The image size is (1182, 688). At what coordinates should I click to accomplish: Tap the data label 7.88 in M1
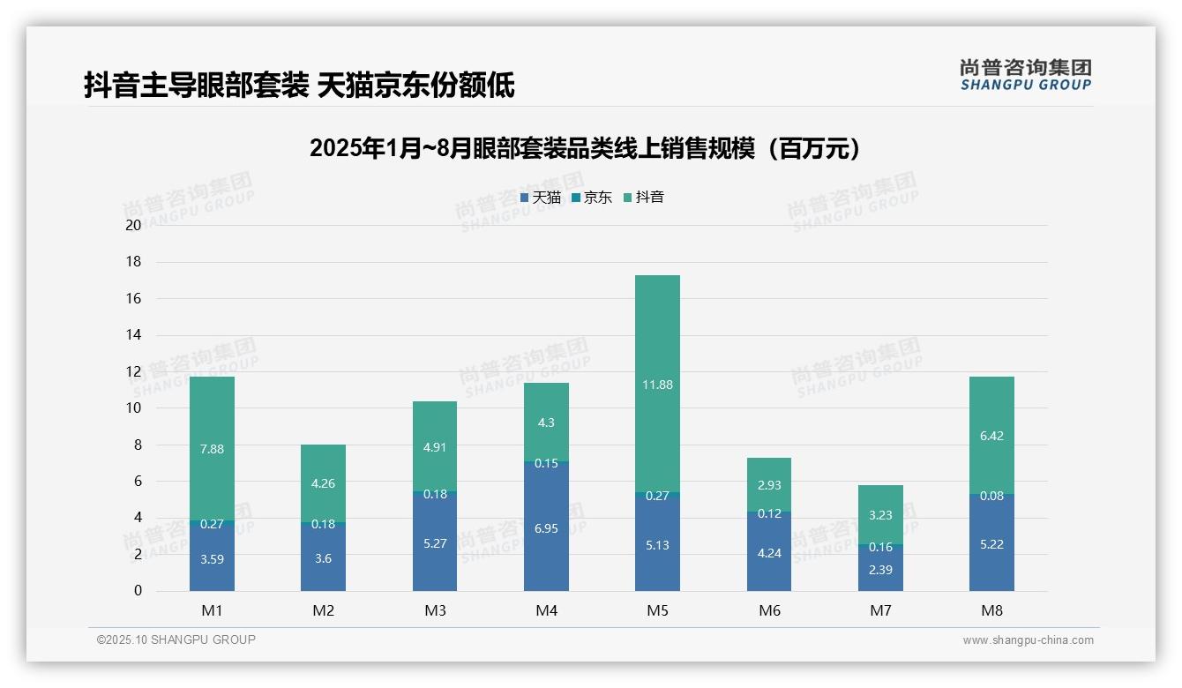click(212, 449)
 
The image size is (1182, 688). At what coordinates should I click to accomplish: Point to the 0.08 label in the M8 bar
click(991, 496)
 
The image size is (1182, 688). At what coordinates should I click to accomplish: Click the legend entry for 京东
click(592, 198)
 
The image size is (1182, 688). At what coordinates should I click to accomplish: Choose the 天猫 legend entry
click(541, 198)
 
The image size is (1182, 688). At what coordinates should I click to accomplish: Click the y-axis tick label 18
click(134, 262)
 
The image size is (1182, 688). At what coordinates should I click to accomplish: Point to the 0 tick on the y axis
click(138, 591)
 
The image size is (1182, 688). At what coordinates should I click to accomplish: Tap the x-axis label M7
click(880, 610)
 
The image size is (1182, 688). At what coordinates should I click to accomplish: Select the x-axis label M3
click(435, 610)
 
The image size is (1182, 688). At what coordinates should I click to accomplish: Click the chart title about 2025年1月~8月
click(585, 148)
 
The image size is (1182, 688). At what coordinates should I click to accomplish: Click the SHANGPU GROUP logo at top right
click(1026, 74)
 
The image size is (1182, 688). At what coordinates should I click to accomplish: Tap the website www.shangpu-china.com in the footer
click(1028, 640)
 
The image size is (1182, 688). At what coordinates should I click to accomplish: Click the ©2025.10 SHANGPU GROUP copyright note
click(176, 640)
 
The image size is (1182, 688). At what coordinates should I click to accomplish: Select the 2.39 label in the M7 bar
click(880, 570)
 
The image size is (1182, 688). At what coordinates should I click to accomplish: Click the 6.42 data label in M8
click(991, 436)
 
